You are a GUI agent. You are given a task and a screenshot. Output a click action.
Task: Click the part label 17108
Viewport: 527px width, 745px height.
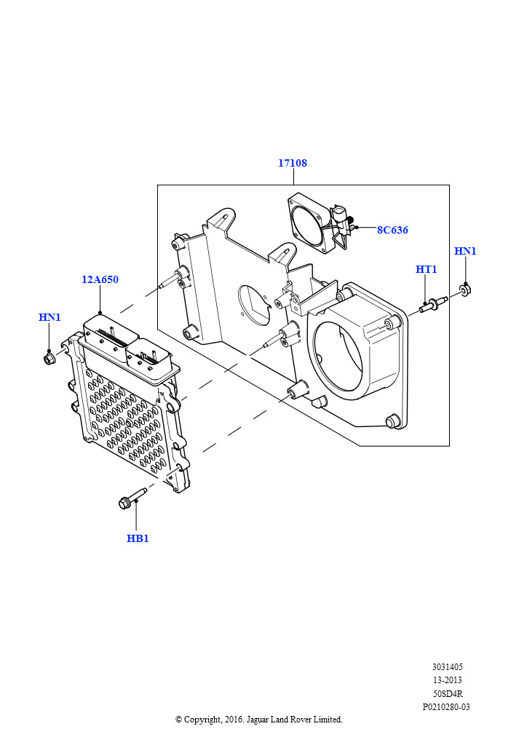[292, 163]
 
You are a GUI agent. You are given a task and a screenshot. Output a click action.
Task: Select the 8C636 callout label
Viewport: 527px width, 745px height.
[392, 230]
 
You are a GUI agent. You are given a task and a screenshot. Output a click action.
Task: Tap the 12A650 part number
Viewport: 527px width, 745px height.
[100, 279]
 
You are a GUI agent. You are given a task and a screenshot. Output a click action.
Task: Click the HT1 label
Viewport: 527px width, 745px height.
[426, 269]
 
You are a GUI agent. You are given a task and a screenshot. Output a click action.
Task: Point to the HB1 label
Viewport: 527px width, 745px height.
[138, 538]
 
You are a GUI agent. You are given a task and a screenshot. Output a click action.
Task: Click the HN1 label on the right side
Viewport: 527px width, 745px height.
[465, 251]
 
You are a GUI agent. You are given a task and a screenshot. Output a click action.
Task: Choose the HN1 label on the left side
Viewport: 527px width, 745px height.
[49, 317]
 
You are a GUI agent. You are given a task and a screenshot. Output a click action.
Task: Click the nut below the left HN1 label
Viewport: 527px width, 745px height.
[49, 358]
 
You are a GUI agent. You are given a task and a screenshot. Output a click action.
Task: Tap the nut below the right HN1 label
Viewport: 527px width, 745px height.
[465, 291]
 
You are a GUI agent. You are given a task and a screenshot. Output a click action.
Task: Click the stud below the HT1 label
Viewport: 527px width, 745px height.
[429, 304]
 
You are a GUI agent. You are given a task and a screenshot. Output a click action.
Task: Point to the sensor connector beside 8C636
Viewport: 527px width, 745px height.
[341, 222]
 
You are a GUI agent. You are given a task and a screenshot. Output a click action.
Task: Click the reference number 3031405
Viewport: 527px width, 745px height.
[447, 666]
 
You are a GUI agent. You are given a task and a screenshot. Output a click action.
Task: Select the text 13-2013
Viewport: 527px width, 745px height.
[447, 680]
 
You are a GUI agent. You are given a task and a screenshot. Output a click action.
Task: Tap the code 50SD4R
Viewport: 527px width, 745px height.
[447, 693]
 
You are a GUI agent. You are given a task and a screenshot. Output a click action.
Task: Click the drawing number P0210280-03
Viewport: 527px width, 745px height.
[446, 706]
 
